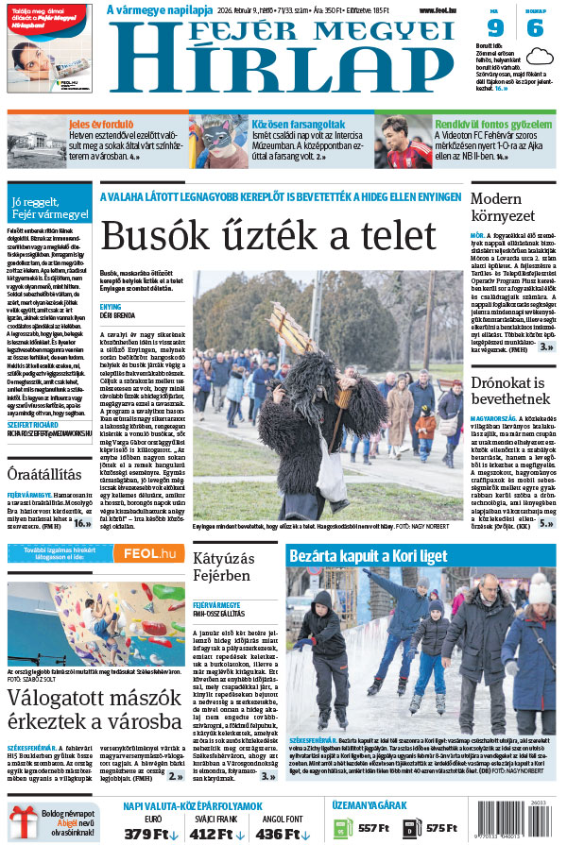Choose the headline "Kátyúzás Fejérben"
point(222,566)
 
